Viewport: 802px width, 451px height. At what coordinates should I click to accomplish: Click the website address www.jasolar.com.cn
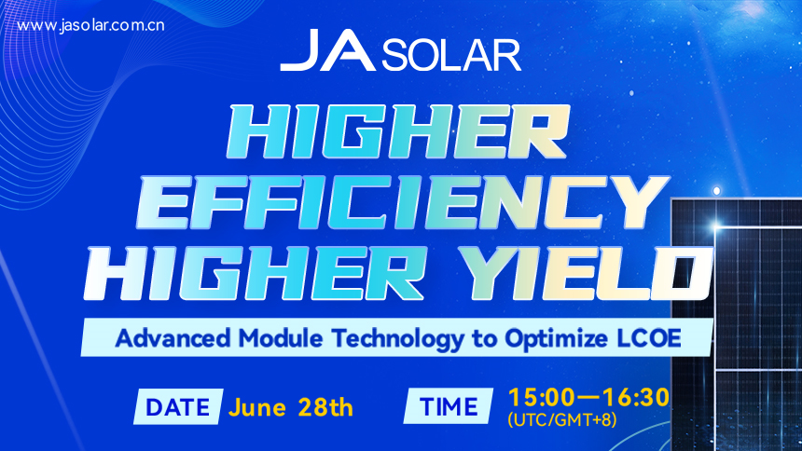click(x=91, y=25)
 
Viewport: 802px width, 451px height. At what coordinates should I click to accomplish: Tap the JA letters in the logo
click(x=328, y=53)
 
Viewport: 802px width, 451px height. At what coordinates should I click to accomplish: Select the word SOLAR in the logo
click(x=450, y=55)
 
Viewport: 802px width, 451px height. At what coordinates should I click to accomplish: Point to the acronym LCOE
click(x=643, y=337)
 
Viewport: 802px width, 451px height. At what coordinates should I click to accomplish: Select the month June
click(x=257, y=407)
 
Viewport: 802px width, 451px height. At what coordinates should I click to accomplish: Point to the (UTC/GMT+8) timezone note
click(x=561, y=421)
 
